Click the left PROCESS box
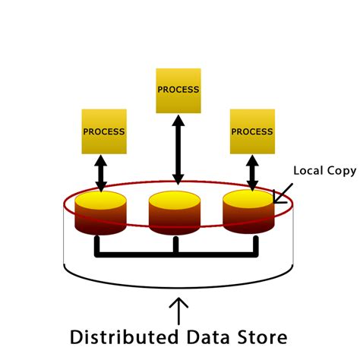point(103,131)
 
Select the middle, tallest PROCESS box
point(178,89)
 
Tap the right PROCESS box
point(252,131)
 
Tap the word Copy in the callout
point(340,172)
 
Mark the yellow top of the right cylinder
point(248,200)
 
